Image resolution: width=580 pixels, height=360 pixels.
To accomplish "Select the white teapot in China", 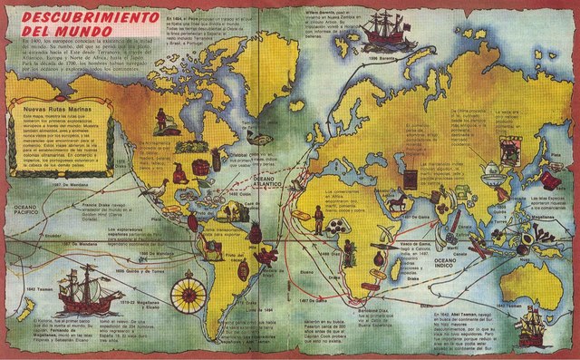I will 465,169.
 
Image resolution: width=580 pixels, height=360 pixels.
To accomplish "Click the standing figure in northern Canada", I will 159,119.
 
